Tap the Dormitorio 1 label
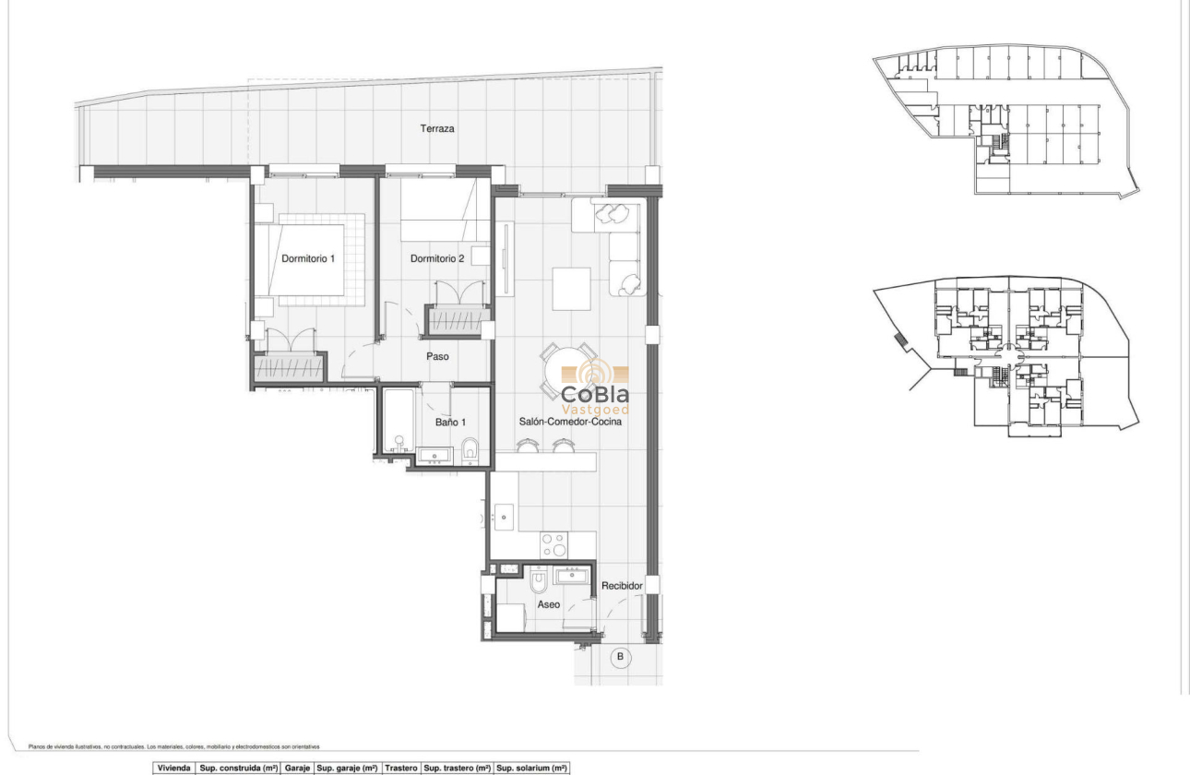(x=307, y=259)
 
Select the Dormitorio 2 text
(x=436, y=259)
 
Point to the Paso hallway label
(x=437, y=356)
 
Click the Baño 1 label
(x=451, y=423)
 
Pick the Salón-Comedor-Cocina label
(x=569, y=422)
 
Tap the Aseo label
(x=549, y=604)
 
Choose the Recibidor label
(x=621, y=586)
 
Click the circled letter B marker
(x=621, y=658)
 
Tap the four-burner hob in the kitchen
(x=553, y=545)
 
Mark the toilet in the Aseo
(x=540, y=580)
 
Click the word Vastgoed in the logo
(x=595, y=409)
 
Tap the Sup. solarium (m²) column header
(x=531, y=768)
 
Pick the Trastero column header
(x=401, y=768)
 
